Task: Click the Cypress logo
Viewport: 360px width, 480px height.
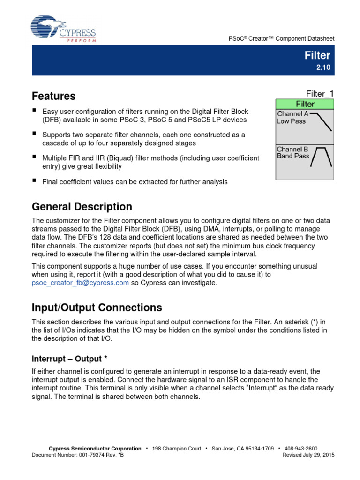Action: [63, 29]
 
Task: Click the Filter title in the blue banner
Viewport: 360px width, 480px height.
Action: [317, 55]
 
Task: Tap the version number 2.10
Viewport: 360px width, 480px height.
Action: [323, 67]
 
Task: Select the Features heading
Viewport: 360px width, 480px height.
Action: [53, 96]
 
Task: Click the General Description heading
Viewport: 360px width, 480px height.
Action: [82, 207]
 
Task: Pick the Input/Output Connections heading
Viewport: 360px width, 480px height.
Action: [97, 307]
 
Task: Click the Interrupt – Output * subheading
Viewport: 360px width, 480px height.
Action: [69, 359]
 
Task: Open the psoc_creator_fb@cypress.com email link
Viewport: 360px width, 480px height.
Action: [80, 283]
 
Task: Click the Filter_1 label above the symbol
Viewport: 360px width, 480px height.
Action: [320, 94]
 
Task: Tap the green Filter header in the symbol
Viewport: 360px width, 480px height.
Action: [305, 104]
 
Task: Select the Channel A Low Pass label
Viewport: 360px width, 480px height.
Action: [292, 117]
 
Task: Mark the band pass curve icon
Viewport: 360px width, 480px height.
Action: [322, 156]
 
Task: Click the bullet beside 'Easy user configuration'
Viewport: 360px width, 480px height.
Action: [34, 111]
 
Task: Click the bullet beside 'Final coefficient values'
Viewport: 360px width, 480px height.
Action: [34, 180]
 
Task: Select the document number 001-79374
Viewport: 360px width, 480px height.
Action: [93, 455]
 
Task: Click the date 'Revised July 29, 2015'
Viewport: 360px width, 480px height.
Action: [308, 455]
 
